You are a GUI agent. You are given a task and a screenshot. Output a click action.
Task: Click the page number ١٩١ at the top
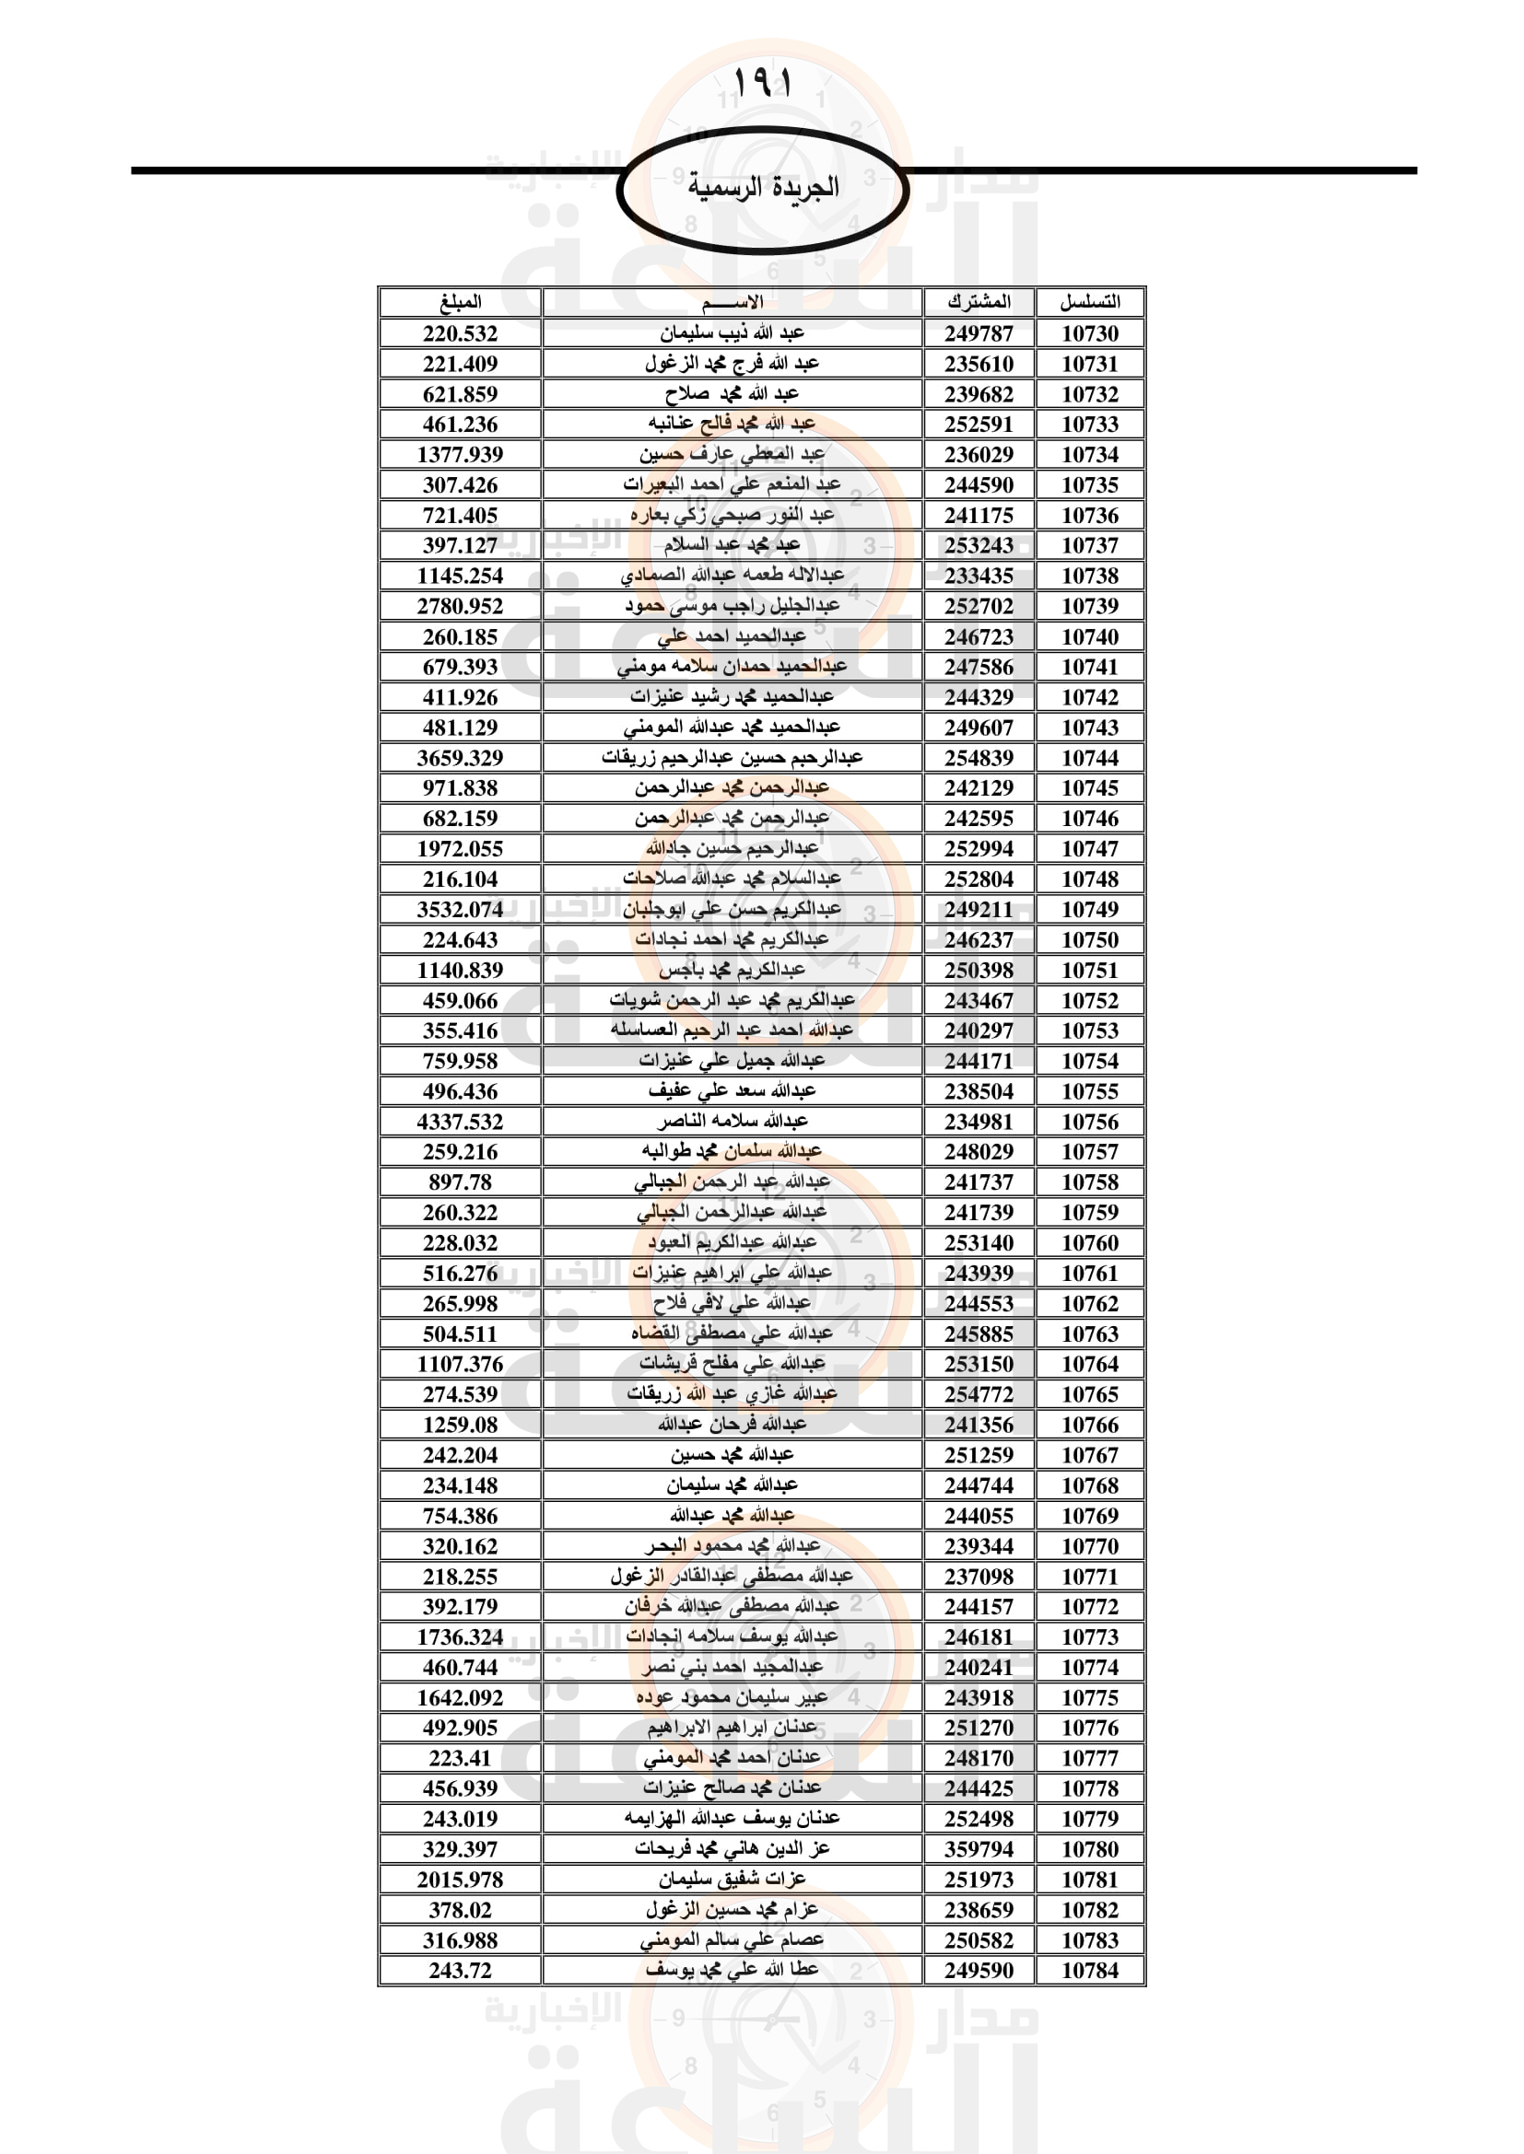[x=761, y=83]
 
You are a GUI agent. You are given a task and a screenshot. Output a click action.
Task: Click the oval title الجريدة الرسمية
[x=762, y=188]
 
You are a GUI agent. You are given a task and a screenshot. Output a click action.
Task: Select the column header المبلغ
[x=460, y=302]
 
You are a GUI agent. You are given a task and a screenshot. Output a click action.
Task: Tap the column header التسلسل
[x=1089, y=302]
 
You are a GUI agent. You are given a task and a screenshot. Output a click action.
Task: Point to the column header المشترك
[x=979, y=302]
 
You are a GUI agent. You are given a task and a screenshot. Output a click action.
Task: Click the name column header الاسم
[x=732, y=302]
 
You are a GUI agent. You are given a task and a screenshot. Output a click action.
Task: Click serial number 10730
[x=1089, y=333]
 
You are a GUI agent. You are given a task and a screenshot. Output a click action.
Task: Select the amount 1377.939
[x=460, y=455]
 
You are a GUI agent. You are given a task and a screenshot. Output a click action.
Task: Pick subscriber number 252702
[x=979, y=606]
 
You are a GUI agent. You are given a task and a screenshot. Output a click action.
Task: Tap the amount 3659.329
[x=460, y=758]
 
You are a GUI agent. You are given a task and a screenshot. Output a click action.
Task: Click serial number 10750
[x=1089, y=940]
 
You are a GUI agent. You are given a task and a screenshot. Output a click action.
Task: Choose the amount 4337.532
[x=460, y=1122]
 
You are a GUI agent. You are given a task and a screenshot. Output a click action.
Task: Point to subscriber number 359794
[x=979, y=1849]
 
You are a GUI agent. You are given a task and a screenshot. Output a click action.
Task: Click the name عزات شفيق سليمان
[x=732, y=1880]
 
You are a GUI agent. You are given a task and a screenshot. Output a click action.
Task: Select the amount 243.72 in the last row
[x=460, y=1970]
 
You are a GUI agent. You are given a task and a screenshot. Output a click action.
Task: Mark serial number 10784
[x=1089, y=1970]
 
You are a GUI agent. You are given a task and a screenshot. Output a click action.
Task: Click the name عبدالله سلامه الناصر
[x=732, y=1122]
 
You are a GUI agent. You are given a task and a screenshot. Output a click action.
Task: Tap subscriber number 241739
[x=979, y=1213]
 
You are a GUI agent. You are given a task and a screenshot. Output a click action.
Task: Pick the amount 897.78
[x=460, y=1182]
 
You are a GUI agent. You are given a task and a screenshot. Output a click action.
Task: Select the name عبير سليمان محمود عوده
[x=732, y=1698]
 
